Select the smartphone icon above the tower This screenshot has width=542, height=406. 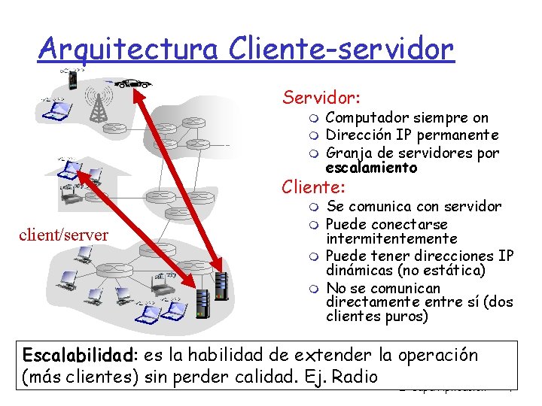(x=72, y=77)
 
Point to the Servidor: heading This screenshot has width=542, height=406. (x=321, y=97)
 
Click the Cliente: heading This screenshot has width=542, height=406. (x=313, y=186)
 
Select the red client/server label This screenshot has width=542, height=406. (x=64, y=235)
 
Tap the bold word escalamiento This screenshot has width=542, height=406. (x=371, y=168)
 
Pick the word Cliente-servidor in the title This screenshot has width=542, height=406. (x=340, y=49)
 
